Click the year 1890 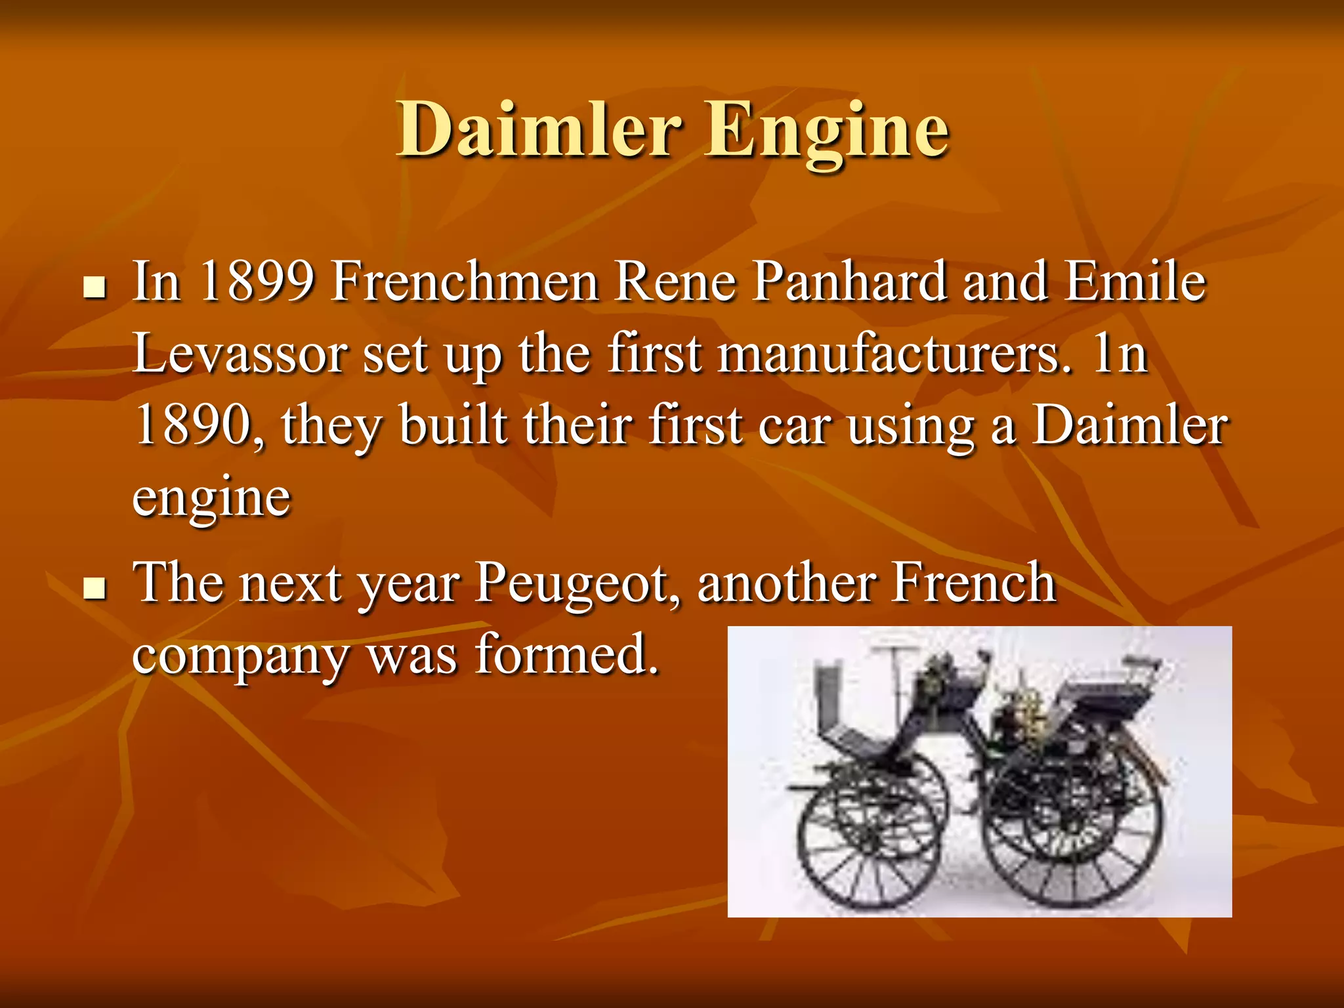pyautogui.click(x=197, y=425)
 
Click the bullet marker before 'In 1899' pyautogui.click(x=95, y=287)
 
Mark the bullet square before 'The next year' pyautogui.click(x=95, y=589)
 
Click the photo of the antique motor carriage pyautogui.click(x=979, y=771)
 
